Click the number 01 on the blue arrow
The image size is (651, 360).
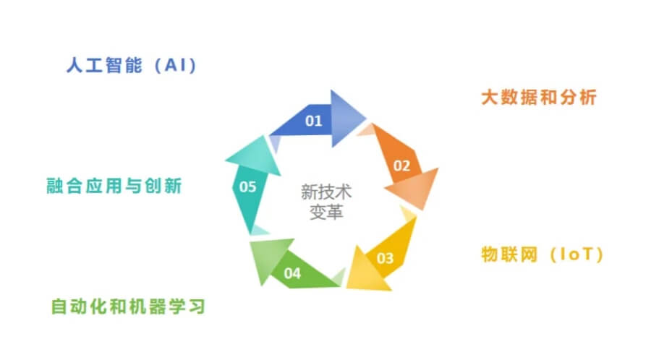pos(313,121)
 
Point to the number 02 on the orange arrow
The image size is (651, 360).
pos(401,165)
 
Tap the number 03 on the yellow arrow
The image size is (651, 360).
pos(385,257)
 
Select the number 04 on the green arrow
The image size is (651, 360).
pos(292,273)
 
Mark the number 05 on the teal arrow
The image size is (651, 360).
pos(247,187)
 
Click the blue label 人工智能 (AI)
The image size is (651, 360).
pos(131,66)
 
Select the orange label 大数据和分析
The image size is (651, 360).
pos(539,97)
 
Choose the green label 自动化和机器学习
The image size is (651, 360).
pos(128,307)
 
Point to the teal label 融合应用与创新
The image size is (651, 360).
pos(113,186)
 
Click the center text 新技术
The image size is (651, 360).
pos(325,192)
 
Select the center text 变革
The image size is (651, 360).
pos(325,213)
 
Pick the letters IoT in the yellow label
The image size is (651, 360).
pos(576,254)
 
